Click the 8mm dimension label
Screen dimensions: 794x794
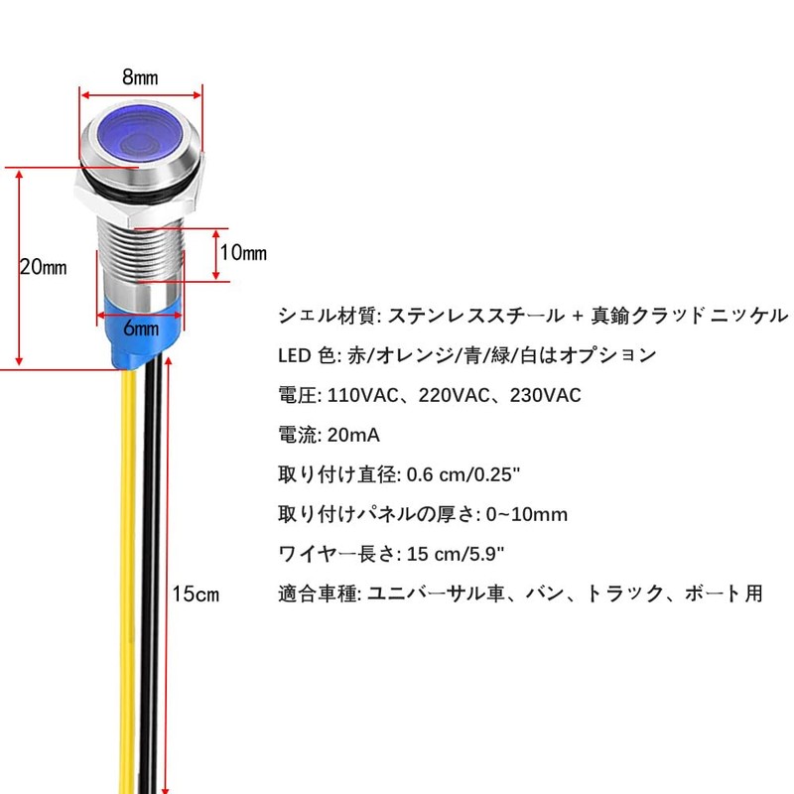[140, 77]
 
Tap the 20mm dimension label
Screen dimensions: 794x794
[43, 267]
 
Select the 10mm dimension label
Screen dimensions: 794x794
[243, 252]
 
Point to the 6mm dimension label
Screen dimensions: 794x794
[141, 329]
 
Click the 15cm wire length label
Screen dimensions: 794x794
[196, 594]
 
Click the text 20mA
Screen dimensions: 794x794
[353, 435]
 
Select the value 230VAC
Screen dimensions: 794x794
[545, 395]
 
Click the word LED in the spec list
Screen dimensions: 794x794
[294, 355]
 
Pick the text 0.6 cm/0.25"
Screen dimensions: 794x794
[463, 474]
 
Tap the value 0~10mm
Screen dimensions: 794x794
[527, 514]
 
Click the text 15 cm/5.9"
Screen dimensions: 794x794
[456, 554]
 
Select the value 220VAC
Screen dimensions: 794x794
[455, 395]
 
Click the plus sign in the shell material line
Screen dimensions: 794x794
[578, 317]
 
